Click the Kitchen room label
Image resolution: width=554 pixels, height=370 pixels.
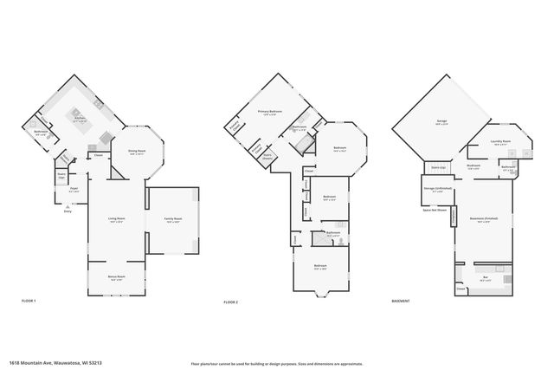(80, 120)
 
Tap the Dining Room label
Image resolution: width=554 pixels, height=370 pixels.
(135, 151)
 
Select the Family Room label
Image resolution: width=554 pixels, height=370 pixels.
(173, 219)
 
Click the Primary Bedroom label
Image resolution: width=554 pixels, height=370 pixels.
(269, 112)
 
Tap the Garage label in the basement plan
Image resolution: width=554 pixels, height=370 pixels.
(441, 122)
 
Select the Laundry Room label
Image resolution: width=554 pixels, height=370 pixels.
(500, 143)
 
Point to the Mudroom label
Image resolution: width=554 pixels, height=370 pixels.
(473, 166)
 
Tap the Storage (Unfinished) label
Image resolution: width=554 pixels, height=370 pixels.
(440, 189)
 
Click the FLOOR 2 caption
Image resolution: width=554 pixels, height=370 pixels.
(230, 301)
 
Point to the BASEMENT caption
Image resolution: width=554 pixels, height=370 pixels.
(401, 301)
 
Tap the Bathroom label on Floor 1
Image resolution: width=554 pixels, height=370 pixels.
(40, 133)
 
